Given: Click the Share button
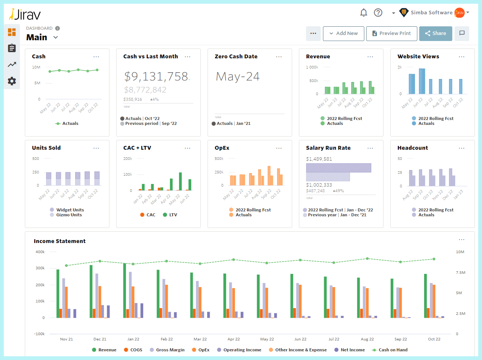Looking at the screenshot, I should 435,33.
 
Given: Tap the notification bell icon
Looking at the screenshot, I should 364,13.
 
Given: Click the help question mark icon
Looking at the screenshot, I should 378,13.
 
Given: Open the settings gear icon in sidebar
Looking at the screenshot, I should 12,81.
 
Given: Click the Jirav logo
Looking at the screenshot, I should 25,14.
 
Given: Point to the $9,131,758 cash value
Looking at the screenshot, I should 156,77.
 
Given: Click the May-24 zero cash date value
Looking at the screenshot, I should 238,77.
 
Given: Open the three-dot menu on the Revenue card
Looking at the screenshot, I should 370,57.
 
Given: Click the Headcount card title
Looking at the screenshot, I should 412,148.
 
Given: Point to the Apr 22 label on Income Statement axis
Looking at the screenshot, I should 233,339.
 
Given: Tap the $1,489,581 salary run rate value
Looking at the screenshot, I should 319,159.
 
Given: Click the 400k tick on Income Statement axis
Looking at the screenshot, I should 40,252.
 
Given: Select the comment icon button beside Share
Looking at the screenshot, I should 462,33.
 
